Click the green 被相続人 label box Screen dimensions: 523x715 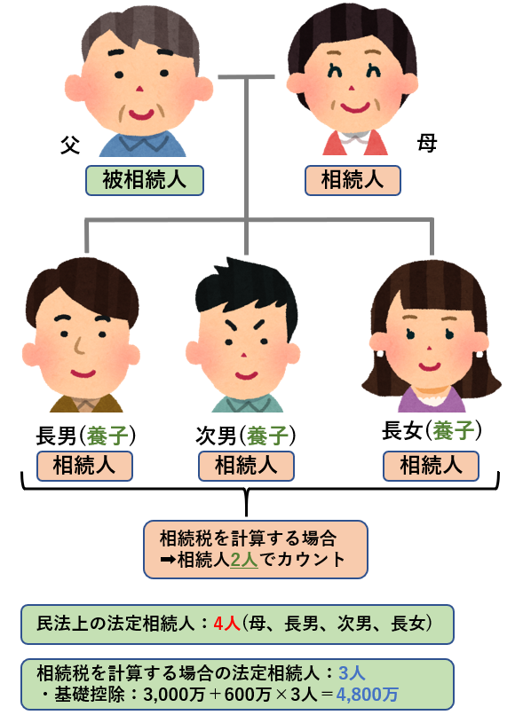coord(145,181)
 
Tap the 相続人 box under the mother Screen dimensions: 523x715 coord(353,181)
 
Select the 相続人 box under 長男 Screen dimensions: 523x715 coord(84,466)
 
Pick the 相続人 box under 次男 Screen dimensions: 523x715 coord(246,466)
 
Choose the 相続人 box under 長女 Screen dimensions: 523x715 coord(431,466)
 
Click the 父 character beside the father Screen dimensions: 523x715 coord(70,145)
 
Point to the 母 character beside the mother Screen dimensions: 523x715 coord(427,143)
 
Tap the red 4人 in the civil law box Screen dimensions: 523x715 coord(226,624)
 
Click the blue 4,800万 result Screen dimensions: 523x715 coord(368,694)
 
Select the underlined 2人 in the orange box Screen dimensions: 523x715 coord(244,560)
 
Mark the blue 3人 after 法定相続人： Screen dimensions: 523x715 coord(352,673)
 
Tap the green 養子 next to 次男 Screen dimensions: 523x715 coord(267,436)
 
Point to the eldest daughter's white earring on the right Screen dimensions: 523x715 coord(479,354)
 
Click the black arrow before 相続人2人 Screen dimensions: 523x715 coord(168,560)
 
